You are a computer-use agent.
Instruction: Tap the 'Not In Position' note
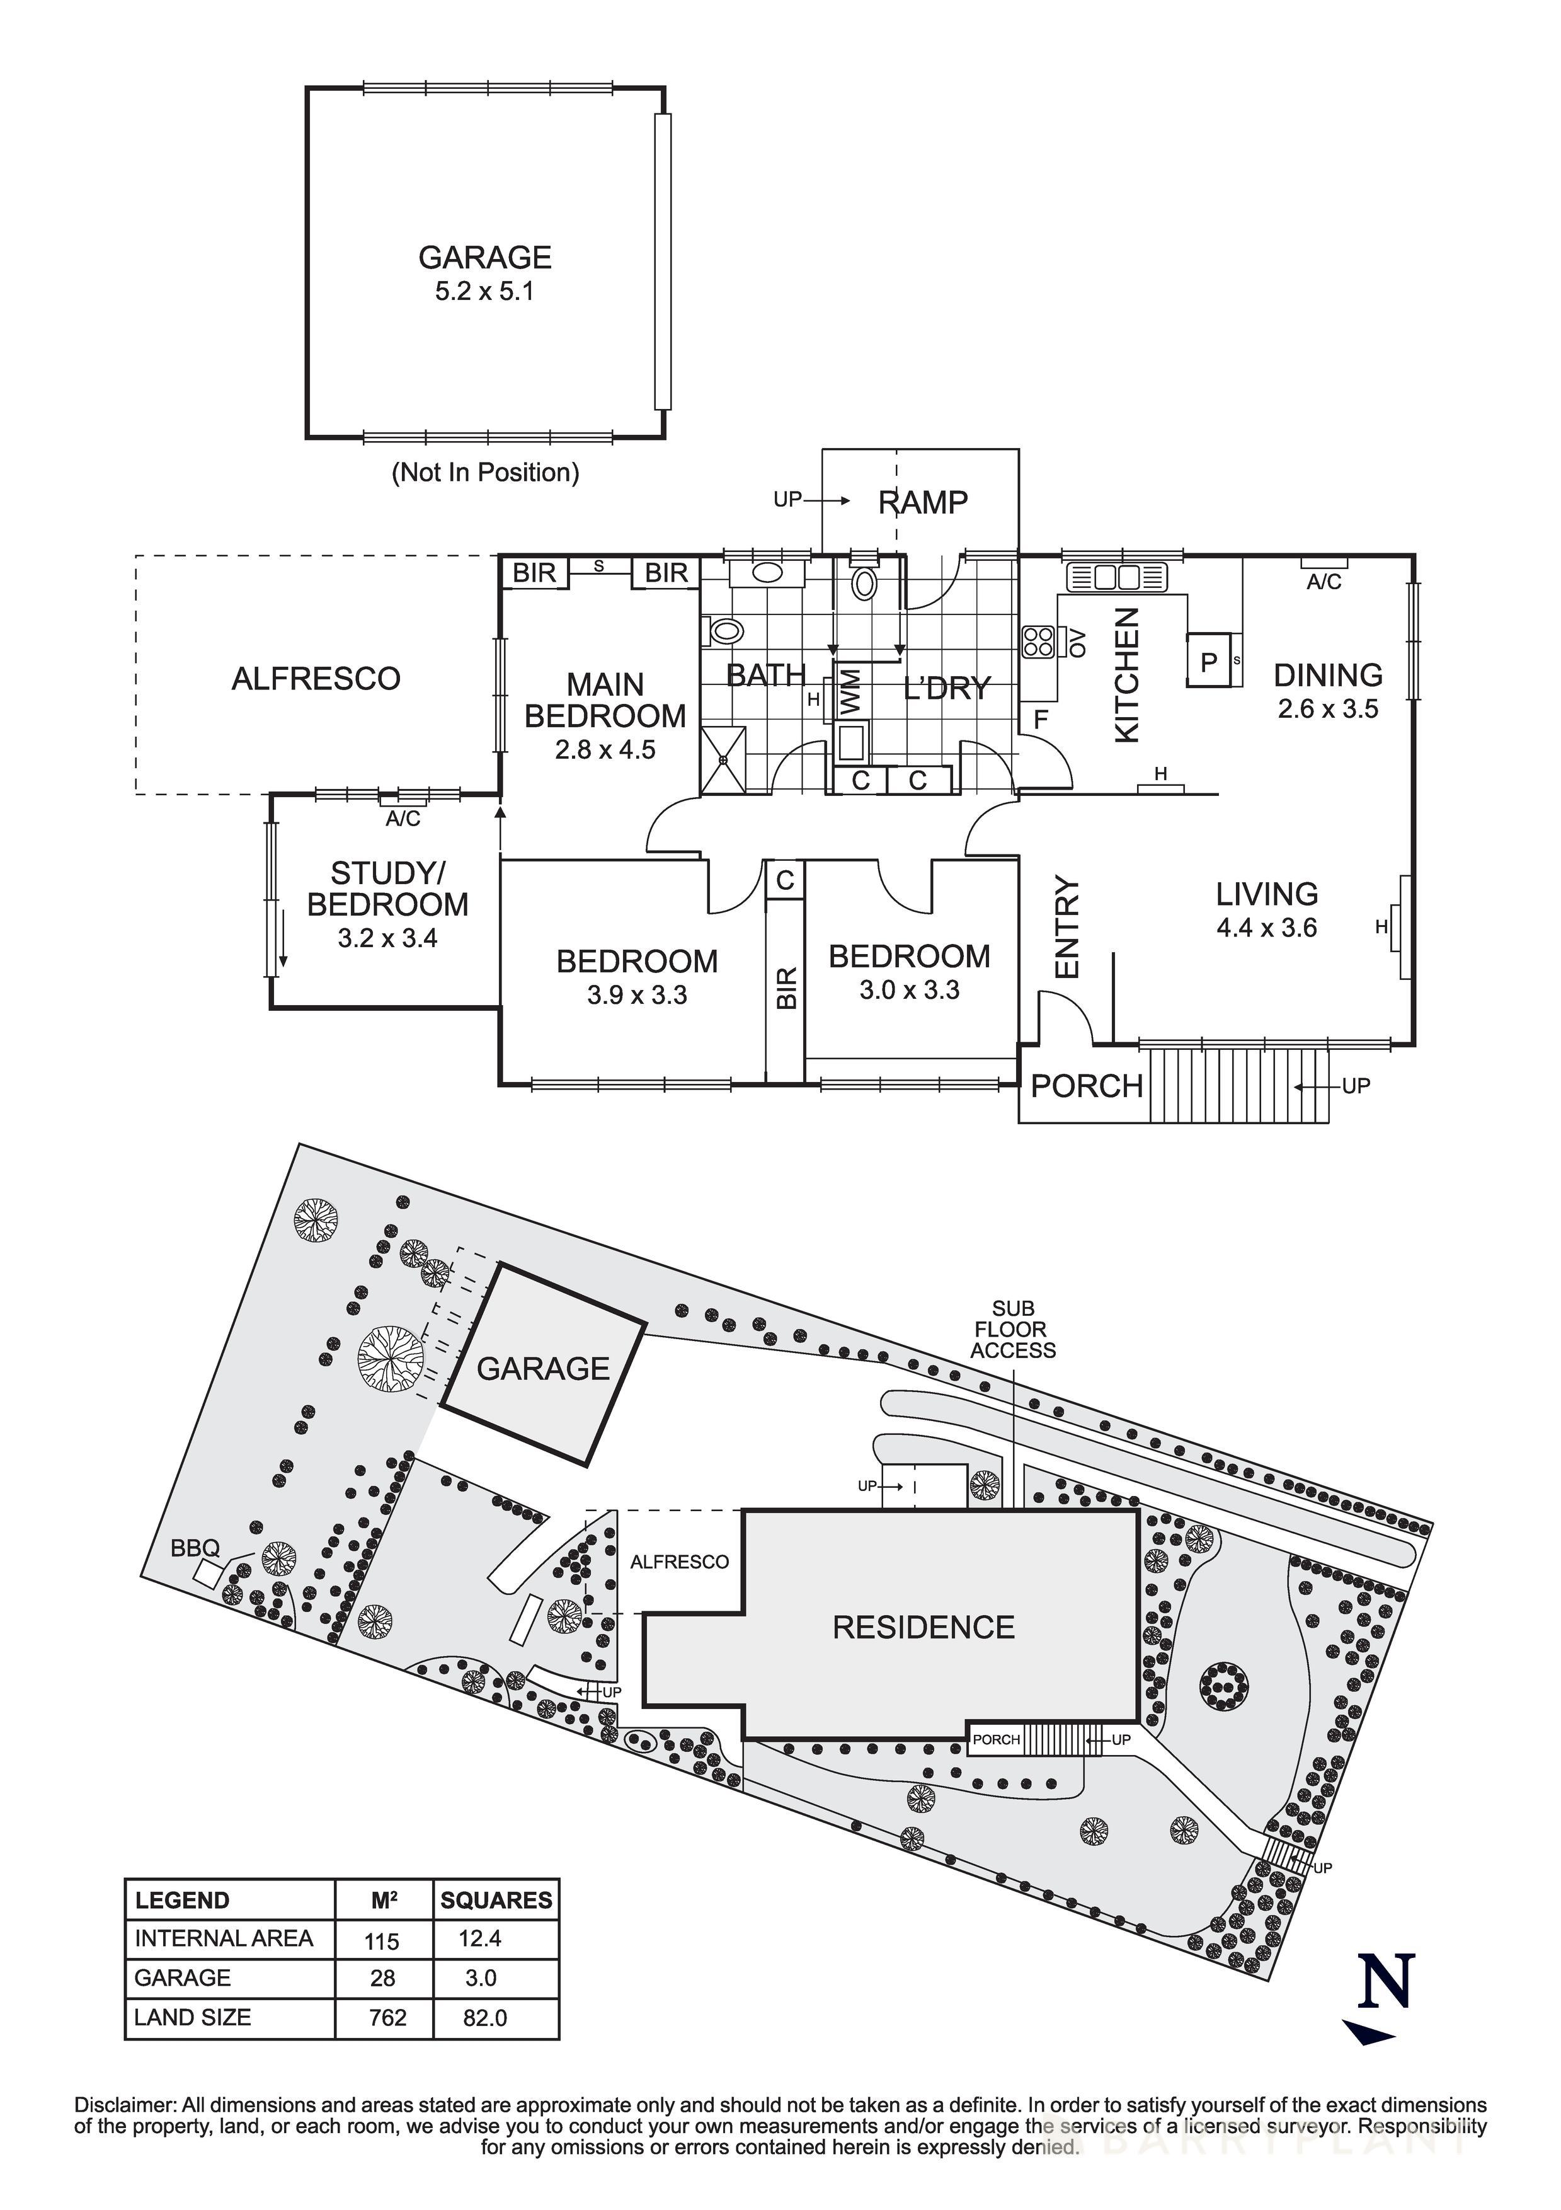point(485,473)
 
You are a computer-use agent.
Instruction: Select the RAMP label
point(922,502)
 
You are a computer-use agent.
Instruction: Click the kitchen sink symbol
point(1116,577)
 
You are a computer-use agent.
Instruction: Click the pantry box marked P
point(1209,661)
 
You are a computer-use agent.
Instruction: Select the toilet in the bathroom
point(724,631)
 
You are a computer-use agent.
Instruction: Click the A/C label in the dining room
point(1324,582)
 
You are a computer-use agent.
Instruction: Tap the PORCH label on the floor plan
point(1085,1086)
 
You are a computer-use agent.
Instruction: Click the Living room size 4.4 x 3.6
point(1267,928)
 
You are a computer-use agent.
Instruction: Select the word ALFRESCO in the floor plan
point(316,679)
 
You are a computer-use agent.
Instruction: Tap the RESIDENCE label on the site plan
point(923,1628)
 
